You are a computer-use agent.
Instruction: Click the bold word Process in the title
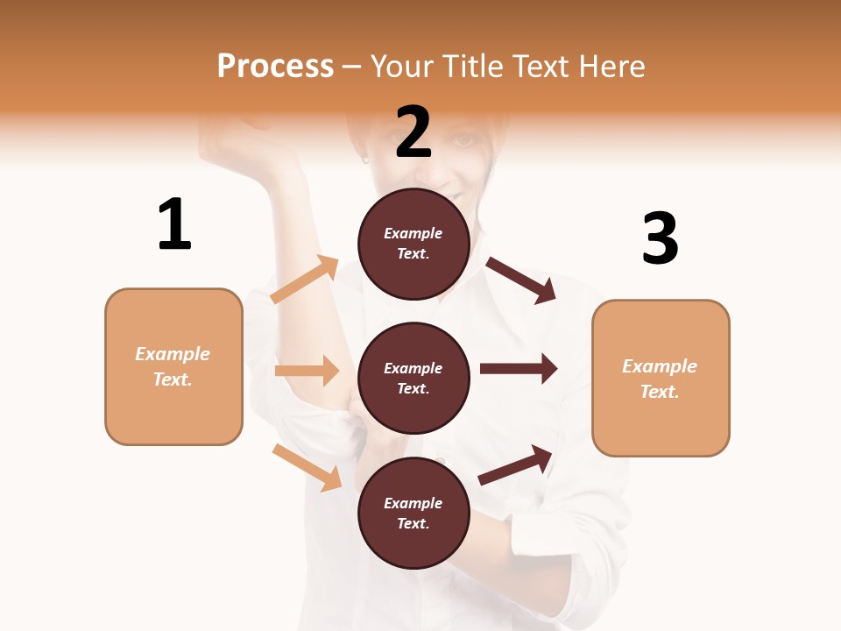(x=275, y=67)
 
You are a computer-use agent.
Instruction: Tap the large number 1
(x=174, y=224)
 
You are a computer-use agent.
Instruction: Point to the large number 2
(x=413, y=132)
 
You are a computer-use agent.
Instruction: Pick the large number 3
(x=661, y=238)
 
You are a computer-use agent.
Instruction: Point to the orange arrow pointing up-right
(x=305, y=280)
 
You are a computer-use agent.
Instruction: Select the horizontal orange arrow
(x=307, y=371)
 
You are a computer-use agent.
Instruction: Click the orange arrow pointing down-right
(x=307, y=467)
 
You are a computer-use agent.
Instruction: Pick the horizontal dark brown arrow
(x=518, y=369)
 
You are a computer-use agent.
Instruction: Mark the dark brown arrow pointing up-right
(x=515, y=465)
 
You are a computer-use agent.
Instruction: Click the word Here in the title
(x=611, y=67)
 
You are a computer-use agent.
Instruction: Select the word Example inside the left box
(x=173, y=354)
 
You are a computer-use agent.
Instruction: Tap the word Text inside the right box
(x=660, y=392)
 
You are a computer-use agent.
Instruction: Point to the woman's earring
(x=365, y=160)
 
